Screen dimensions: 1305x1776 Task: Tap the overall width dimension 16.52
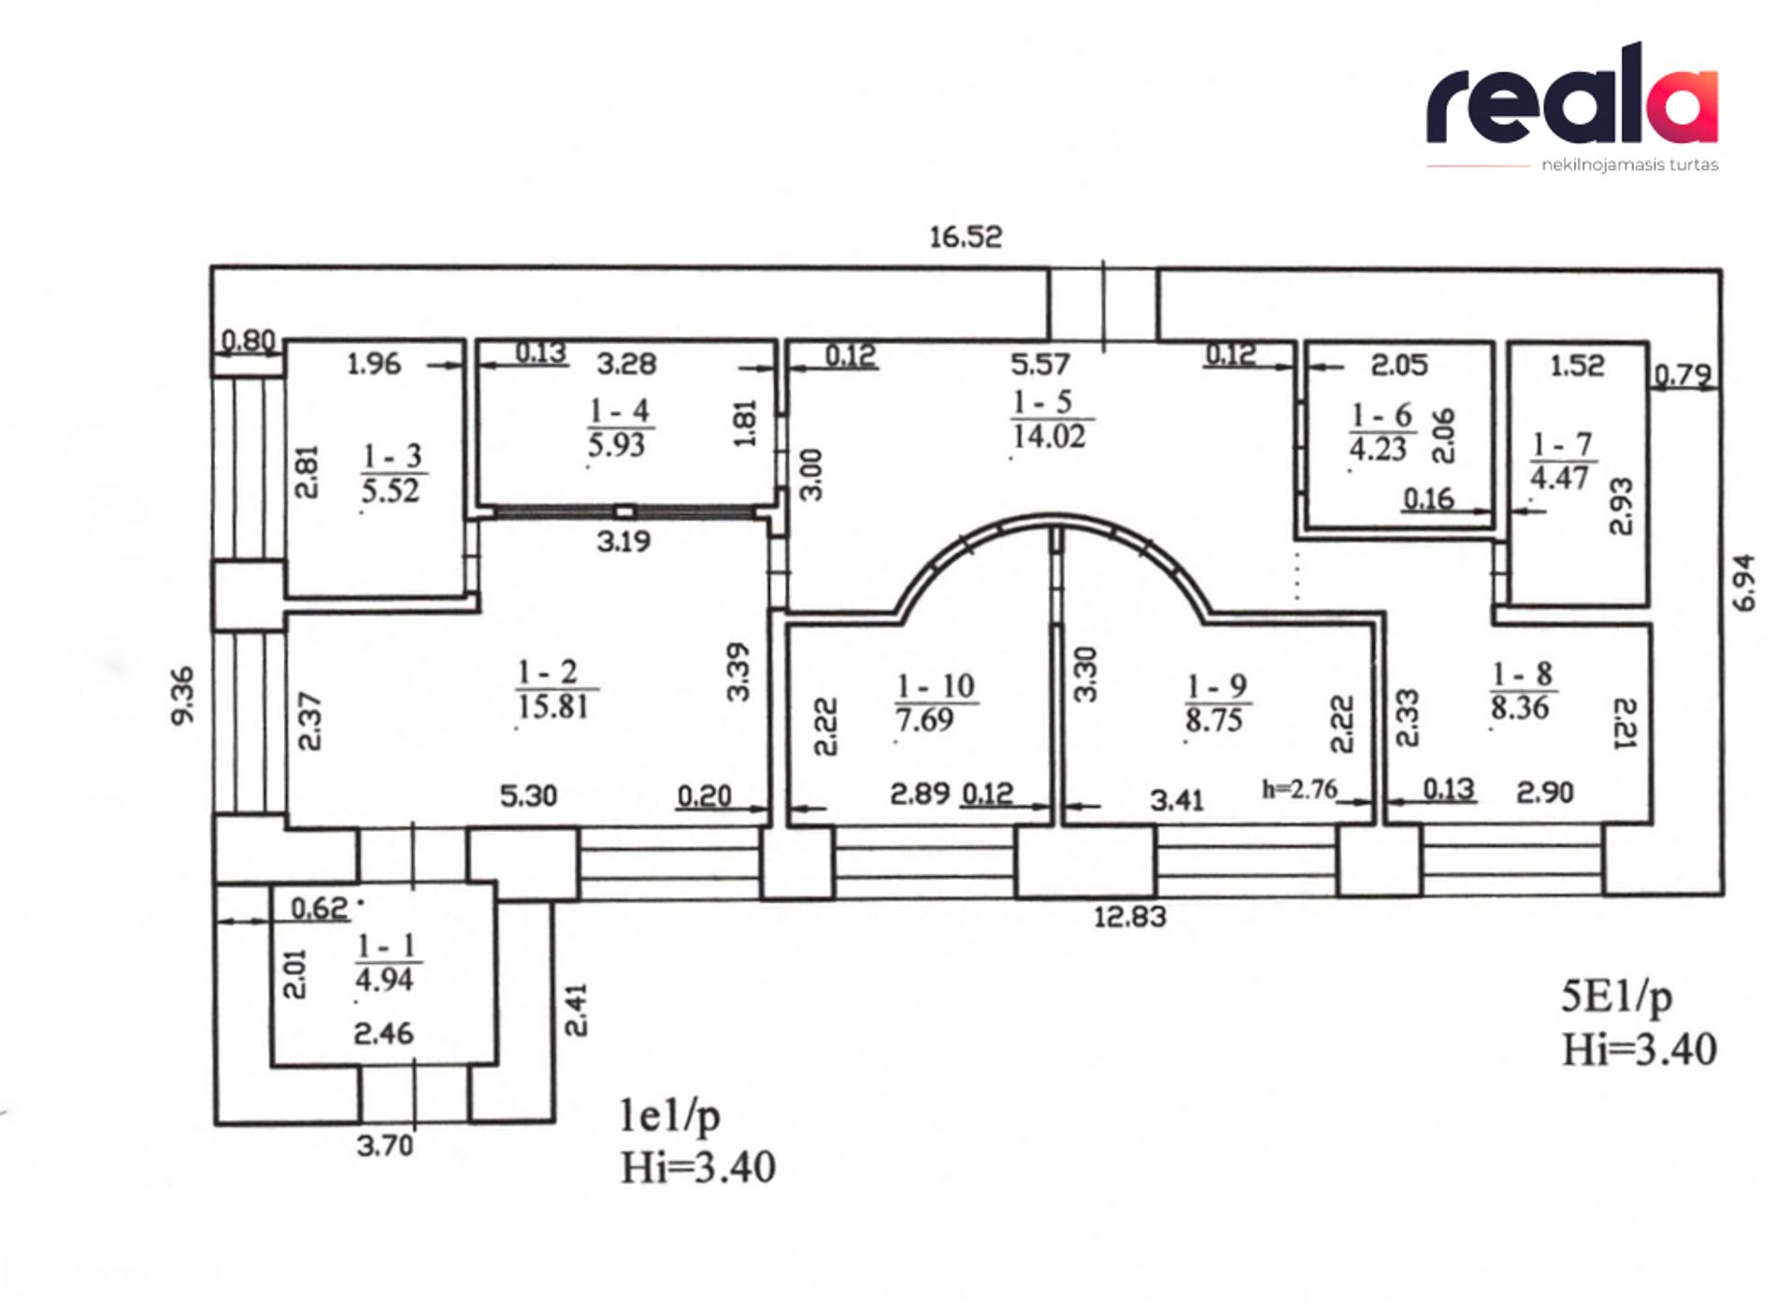tap(965, 237)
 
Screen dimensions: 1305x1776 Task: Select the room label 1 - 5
tap(1042, 402)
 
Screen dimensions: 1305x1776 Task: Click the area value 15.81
tap(552, 707)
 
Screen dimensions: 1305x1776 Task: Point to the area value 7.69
tap(924, 720)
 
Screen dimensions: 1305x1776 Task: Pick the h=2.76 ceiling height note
tap(1299, 790)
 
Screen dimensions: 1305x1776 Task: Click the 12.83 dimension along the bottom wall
tap(1130, 916)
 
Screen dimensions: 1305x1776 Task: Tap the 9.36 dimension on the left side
tap(183, 695)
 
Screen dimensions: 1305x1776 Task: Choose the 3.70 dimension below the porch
tap(384, 1145)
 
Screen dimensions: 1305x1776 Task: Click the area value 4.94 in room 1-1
tap(384, 980)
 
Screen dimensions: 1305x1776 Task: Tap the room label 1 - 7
tap(1561, 444)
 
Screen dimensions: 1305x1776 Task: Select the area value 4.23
tap(1377, 450)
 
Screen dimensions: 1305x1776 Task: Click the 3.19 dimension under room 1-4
tap(623, 541)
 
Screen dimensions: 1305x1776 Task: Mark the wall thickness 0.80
tap(249, 340)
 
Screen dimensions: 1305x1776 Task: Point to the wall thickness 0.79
tap(1683, 375)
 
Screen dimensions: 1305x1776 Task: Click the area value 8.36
tap(1520, 708)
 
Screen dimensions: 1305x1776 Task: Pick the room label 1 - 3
tap(393, 456)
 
